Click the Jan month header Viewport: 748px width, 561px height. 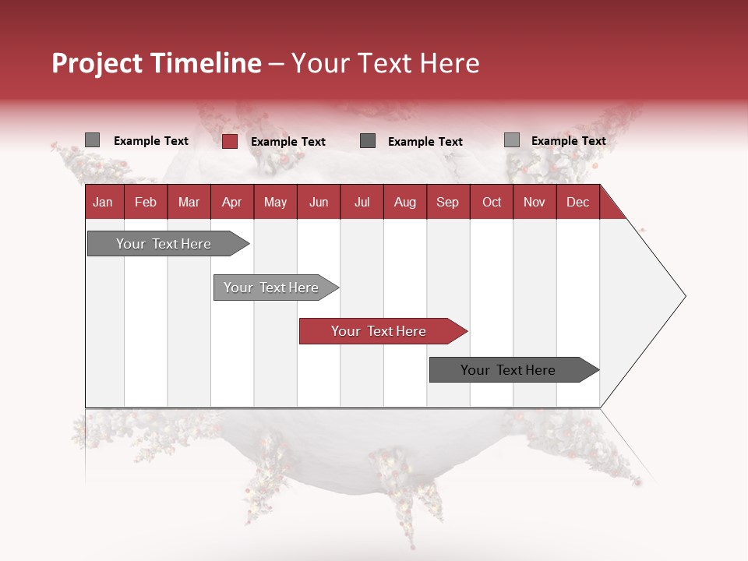(x=103, y=203)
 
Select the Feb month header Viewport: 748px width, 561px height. (x=146, y=203)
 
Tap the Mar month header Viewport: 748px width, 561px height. (x=189, y=203)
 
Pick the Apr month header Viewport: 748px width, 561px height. (x=231, y=203)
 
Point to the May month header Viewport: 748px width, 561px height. (x=275, y=203)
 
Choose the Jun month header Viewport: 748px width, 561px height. (x=319, y=203)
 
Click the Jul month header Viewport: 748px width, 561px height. (x=362, y=203)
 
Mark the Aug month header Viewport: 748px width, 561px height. (x=404, y=203)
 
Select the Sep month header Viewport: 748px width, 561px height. (x=447, y=203)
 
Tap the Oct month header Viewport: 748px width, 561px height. (x=492, y=203)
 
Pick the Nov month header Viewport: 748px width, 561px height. (x=535, y=203)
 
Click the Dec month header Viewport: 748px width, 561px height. (x=577, y=203)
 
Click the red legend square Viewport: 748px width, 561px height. (x=230, y=141)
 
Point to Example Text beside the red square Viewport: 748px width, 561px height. (x=288, y=142)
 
